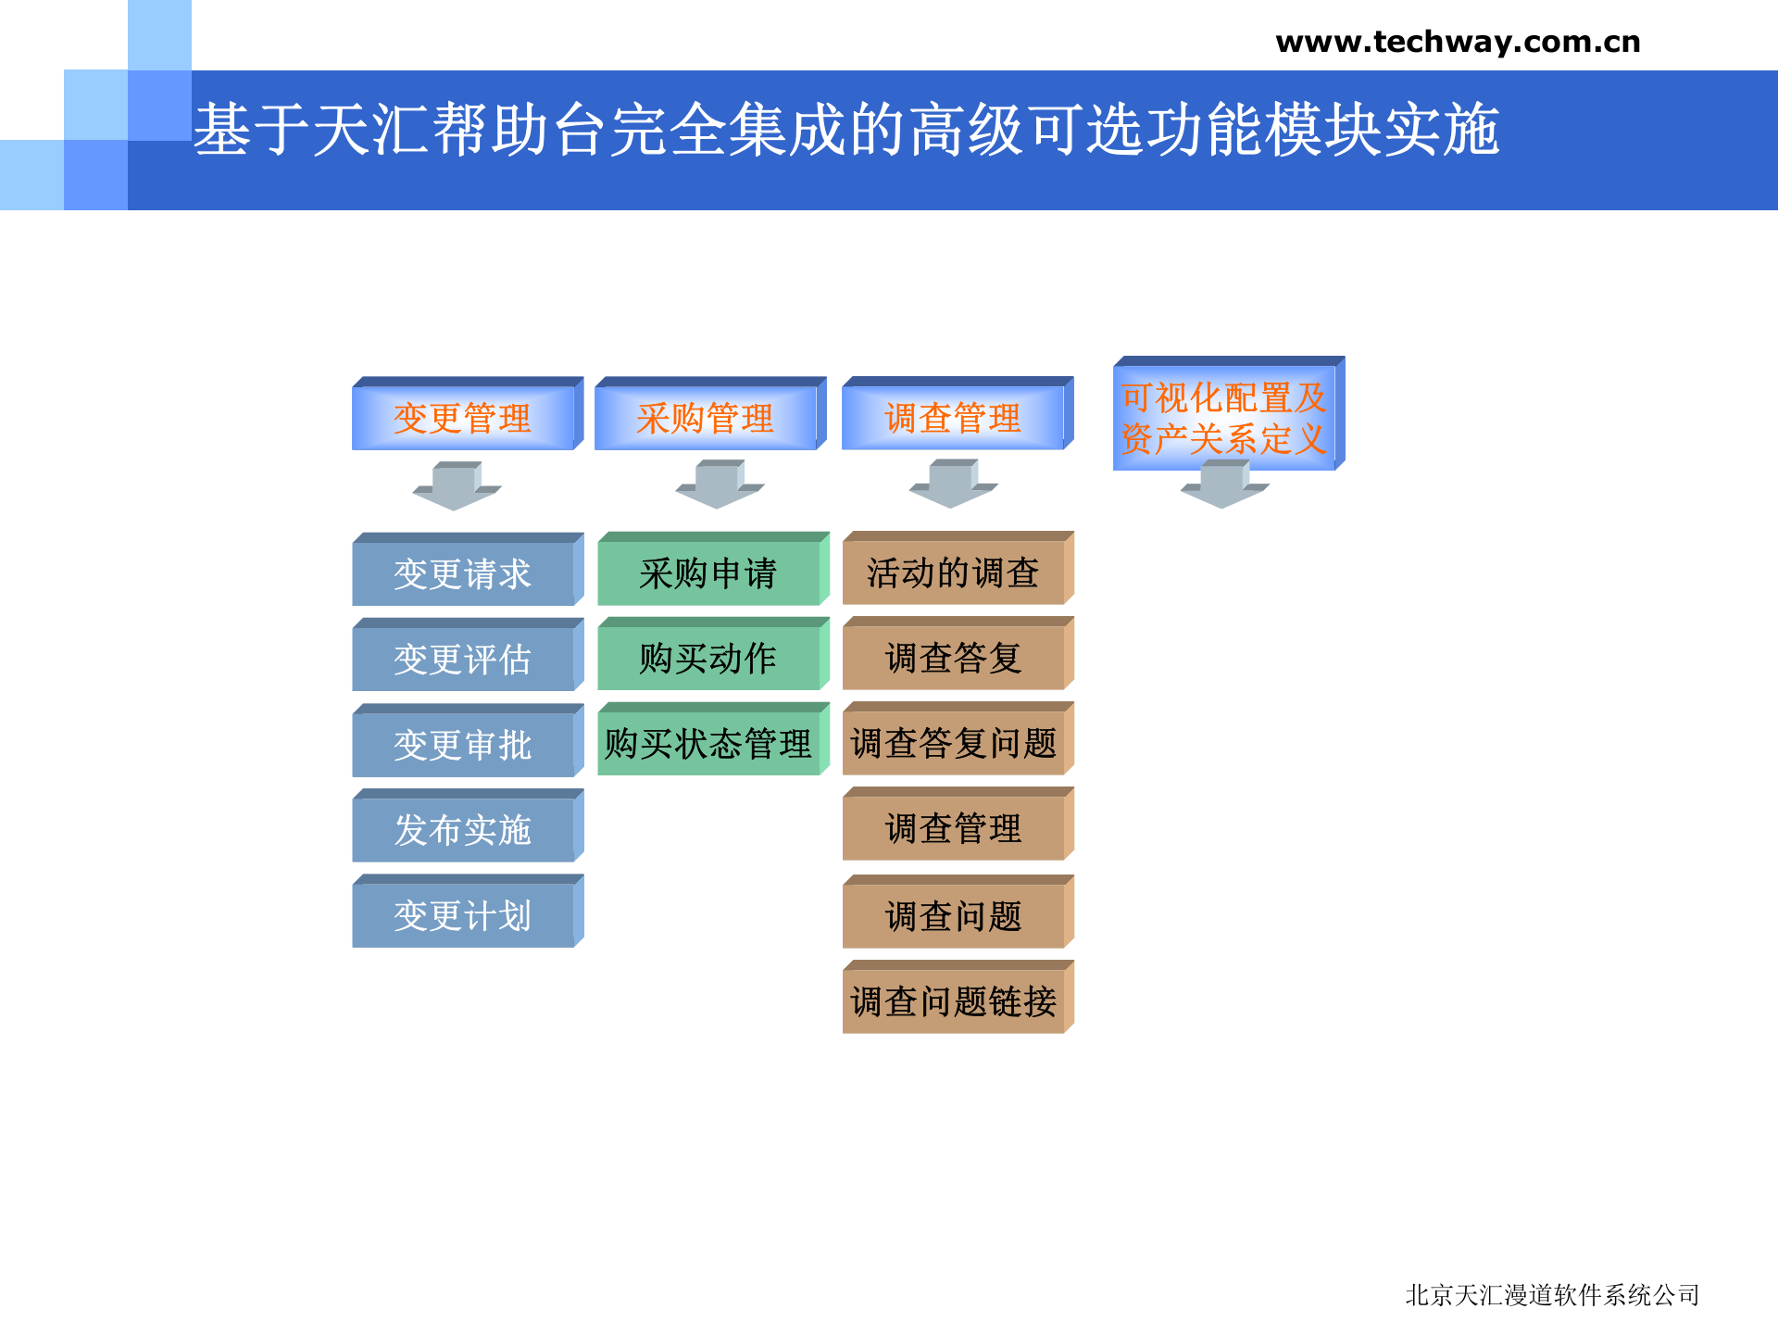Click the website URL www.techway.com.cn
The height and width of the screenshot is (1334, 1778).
tap(1458, 43)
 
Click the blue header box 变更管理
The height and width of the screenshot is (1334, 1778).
tap(463, 418)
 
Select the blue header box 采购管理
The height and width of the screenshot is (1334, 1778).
tap(706, 418)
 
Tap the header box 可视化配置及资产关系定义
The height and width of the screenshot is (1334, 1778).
tap(1224, 418)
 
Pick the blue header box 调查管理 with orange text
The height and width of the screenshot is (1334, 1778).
tap(953, 418)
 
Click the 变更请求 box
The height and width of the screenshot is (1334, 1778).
tap(463, 573)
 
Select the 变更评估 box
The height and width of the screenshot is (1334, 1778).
tap(463, 659)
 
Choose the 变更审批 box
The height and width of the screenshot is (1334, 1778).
tap(463, 744)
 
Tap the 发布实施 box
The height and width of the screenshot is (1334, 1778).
tap(463, 829)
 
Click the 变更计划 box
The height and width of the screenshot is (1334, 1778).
tap(463, 915)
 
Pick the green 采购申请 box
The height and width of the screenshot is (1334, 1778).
tap(708, 573)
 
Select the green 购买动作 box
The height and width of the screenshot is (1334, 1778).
tap(708, 658)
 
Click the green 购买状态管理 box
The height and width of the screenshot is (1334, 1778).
tap(708, 743)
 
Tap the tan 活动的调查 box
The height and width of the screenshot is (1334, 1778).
tap(954, 573)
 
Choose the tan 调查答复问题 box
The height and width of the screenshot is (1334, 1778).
tap(954, 743)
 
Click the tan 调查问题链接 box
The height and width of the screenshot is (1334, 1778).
tap(954, 1000)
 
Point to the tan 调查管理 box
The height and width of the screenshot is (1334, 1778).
tap(954, 828)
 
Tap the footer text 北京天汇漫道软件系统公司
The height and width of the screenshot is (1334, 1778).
tap(1552, 1294)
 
